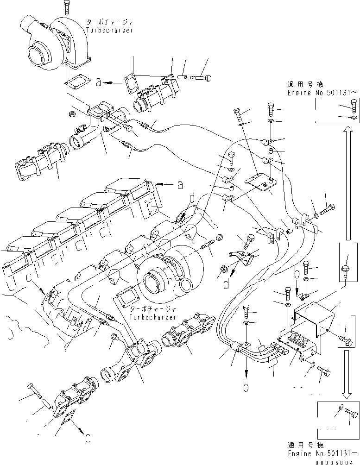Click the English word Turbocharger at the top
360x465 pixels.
point(110,30)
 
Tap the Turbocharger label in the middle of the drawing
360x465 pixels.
point(153,318)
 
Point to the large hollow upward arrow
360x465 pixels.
point(345,185)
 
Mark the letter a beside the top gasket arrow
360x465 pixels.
point(98,83)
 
